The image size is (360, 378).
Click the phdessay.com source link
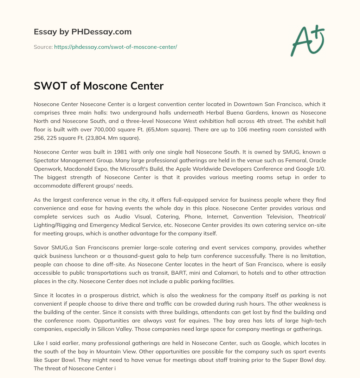coord(115,47)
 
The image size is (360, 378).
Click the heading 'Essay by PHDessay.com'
coord(83,32)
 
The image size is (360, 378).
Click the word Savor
coord(41,248)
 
